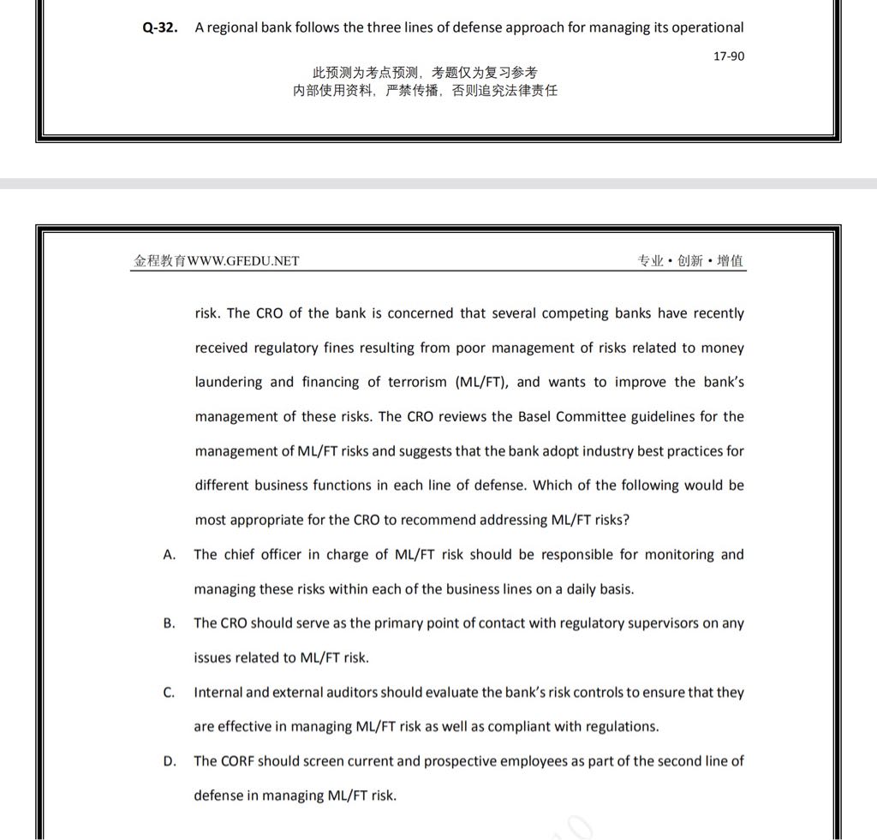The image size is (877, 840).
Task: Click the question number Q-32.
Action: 160,27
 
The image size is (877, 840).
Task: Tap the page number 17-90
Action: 729,56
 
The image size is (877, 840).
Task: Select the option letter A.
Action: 169,555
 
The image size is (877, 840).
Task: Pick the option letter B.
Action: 169,623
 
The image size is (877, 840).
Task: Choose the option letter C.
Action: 169,692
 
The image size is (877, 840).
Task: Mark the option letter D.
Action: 169,760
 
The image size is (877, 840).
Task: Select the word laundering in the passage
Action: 230,383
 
